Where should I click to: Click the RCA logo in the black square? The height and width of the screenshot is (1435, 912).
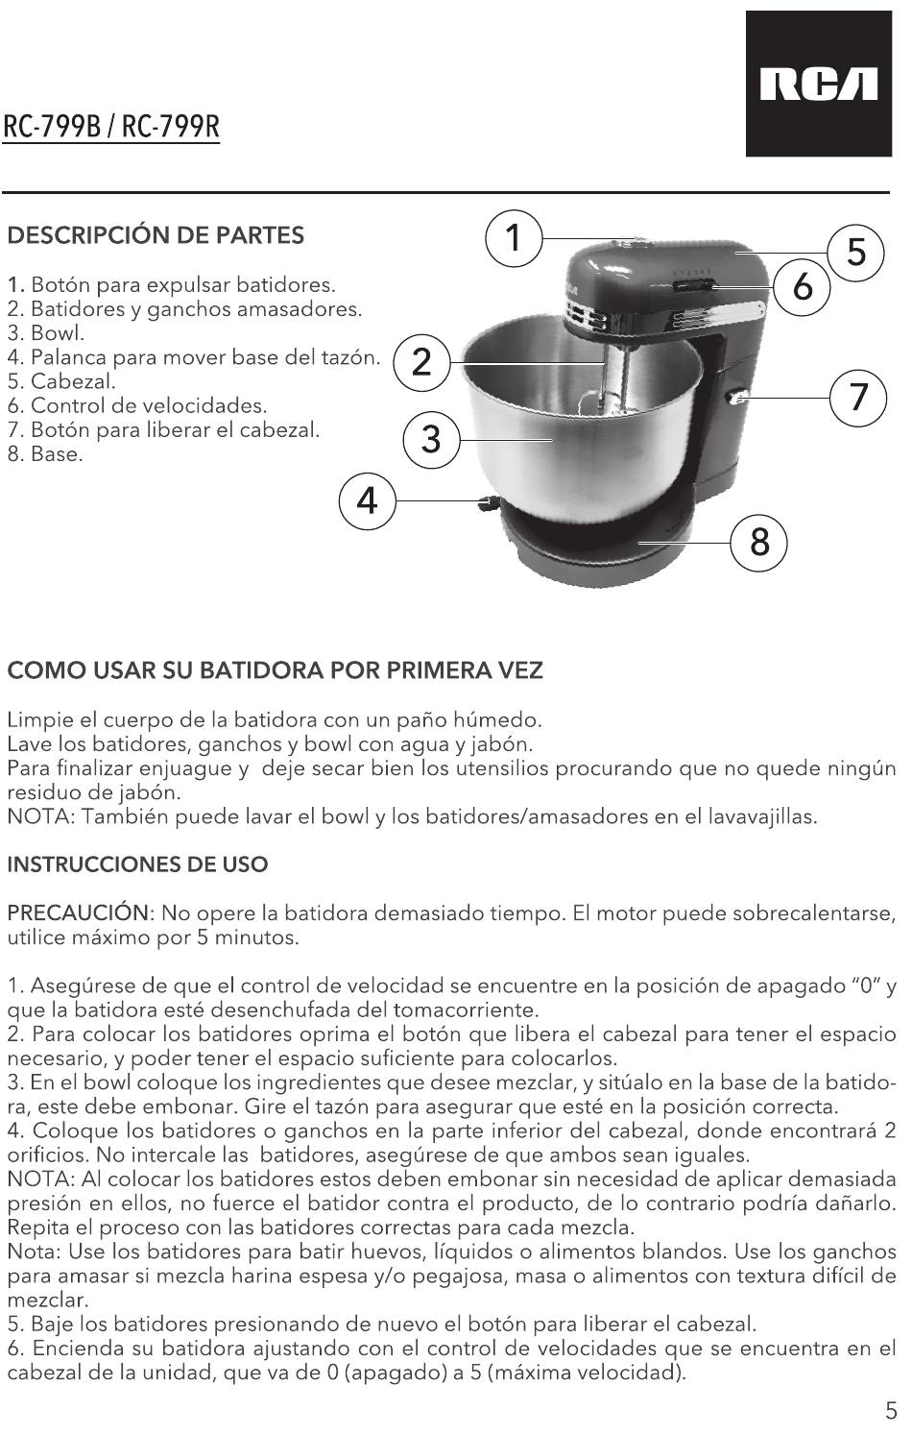click(819, 84)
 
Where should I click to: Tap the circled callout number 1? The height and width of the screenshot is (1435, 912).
click(514, 238)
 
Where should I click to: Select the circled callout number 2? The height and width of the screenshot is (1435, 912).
click(420, 363)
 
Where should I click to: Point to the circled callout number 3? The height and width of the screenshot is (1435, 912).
click(431, 440)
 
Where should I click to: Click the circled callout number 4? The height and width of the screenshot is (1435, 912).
click(367, 500)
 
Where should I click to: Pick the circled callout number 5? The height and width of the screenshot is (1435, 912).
click(855, 253)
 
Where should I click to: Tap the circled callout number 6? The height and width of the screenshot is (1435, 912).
click(802, 286)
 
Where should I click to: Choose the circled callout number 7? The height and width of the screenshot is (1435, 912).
click(858, 398)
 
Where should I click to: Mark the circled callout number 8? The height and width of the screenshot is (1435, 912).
click(759, 543)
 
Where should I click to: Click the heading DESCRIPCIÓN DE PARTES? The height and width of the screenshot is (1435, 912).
click(156, 235)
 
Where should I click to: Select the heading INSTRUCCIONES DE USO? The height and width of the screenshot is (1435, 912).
click(137, 864)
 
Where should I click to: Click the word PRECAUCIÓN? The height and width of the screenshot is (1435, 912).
click(78, 912)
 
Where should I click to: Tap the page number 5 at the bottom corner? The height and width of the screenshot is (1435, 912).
click(892, 1411)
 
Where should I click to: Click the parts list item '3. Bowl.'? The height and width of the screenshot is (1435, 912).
click(46, 333)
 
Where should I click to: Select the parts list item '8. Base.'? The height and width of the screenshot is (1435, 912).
click(45, 454)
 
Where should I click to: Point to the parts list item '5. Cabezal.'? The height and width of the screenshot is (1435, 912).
click(61, 381)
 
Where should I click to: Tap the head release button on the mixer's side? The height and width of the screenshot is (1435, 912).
click(738, 400)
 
